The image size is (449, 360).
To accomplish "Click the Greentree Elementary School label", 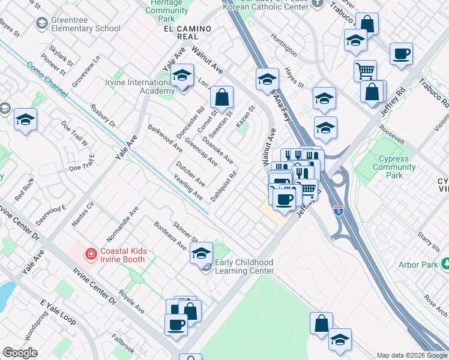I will (86, 24).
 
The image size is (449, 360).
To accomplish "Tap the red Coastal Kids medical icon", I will (91, 254).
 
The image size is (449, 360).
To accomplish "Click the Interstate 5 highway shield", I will (339, 211).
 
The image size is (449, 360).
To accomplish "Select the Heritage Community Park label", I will (167, 11).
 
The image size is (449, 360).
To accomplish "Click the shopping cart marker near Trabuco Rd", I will (365, 71).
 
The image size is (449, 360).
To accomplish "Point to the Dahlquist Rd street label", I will (223, 187).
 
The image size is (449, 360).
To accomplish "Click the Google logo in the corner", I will (20, 353).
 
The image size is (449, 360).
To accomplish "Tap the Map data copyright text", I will (412, 355).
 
